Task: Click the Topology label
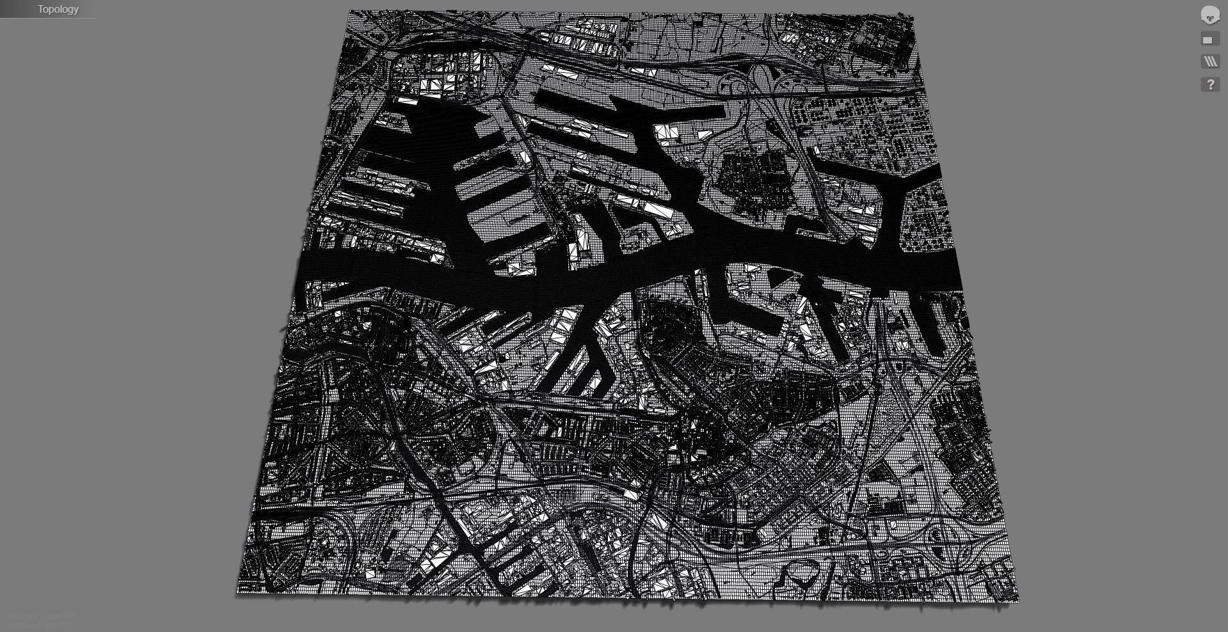pyautogui.click(x=58, y=9)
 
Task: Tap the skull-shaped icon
pyautogui.click(x=1209, y=15)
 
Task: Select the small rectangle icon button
pyautogui.click(x=1208, y=40)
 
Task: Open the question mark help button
pyautogui.click(x=1209, y=84)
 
